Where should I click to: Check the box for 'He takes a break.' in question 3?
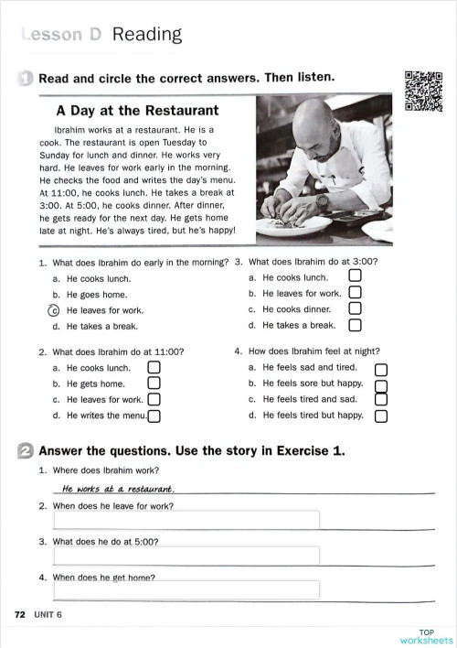click(x=356, y=325)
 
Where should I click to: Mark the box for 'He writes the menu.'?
click(x=154, y=416)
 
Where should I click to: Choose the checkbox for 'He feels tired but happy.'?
click(x=381, y=416)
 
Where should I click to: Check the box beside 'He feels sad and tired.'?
click(x=381, y=368)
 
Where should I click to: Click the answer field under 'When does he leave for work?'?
click(x=186, y=520)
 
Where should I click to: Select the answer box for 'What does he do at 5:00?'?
click(x=186, y=556)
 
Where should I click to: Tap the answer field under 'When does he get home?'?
click(x=186, y=589)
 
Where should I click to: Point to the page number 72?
click(x=19, y=614)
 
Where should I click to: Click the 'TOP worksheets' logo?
click(x=425, y=636)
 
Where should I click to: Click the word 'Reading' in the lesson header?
click(x=146, y=35)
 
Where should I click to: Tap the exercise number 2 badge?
click(x=26, y=450)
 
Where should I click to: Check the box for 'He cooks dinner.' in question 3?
click(x=356, y=309)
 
